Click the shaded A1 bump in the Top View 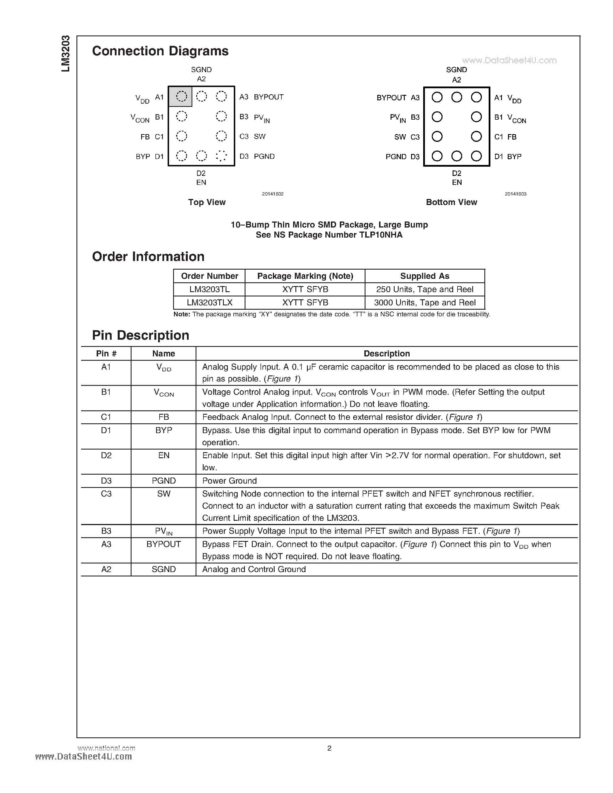click(x=181, y=97)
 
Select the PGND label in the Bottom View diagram click(x=396, y=157)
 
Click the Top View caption click(x=207, y=202)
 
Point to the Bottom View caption click(x=451, y=202)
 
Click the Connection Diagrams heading click(x=160, y=51)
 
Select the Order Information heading click(x=148, y=257)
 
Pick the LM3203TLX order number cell click(x=209, y=302)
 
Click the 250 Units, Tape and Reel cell click(x=425, y=290)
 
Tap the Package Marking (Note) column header click(x=305, y=276)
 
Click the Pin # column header click(x=106, y=354)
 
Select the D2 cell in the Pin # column click(x=106, y=455)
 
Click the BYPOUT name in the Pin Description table click(x=163, y=544)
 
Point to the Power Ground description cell click(x=229, y=481)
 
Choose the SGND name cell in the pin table click(x=163, y=569)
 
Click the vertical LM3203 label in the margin click(x=65, y=53)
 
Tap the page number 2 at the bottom click(x=329, y=748)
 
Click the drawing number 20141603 click(x=515, y=194)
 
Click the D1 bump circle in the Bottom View click(x=476, y=156)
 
